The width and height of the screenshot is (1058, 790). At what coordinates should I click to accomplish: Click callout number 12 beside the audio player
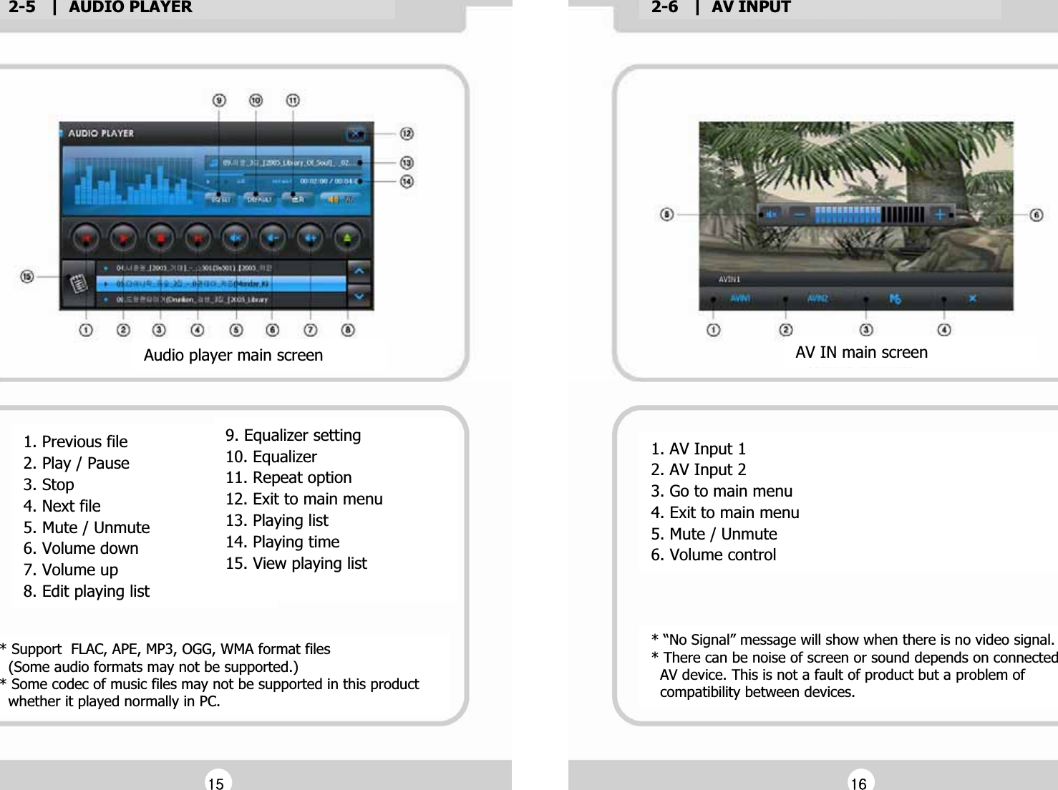407,134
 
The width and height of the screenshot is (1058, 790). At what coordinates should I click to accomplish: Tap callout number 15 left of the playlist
27,276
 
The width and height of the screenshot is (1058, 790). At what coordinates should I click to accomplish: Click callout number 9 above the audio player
219,100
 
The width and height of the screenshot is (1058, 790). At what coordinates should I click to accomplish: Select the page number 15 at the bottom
215,783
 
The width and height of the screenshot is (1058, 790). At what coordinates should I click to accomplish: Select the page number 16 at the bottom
858,783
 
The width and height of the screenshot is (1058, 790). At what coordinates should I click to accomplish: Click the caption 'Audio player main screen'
233,355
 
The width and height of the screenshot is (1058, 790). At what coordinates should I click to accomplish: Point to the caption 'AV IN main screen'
861,352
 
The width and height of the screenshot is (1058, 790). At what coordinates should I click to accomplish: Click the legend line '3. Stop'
49,484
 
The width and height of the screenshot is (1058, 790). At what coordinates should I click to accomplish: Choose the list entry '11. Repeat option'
288,477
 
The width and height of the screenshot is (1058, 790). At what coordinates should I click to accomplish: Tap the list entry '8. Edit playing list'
87,591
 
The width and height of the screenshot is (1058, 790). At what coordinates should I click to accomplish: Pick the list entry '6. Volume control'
713,555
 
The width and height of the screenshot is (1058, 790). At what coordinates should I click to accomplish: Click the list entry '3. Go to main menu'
722,491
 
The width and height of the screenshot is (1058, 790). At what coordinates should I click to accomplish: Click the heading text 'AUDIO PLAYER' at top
130,8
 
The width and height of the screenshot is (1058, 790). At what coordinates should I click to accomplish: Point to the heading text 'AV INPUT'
751,8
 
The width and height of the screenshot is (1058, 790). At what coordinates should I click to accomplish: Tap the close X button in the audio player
355,134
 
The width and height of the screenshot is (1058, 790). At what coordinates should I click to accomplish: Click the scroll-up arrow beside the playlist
359,271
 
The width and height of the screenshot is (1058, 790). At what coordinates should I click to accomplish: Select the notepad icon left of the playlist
78,284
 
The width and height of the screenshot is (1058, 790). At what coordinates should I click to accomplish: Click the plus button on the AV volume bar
940,214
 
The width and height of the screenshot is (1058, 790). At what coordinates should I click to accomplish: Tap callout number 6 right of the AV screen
1037,215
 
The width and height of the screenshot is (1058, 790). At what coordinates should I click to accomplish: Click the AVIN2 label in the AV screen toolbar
817,298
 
